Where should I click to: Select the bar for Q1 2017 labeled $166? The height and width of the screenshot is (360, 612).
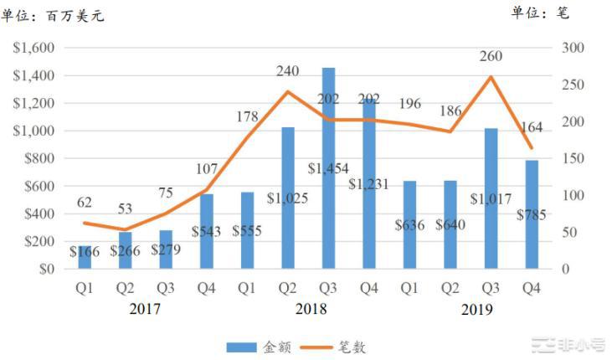[x=84, y=258]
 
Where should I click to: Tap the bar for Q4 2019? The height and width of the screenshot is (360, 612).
[x=532, y=214]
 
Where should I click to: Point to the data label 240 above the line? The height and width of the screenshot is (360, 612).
[x=287, y=71]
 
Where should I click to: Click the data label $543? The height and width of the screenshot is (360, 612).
[x=206, y=229]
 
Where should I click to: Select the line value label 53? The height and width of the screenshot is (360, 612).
[x=125, y=208]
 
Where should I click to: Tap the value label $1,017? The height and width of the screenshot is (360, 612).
[x=490, y=199]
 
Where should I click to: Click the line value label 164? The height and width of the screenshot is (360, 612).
[x=532, y=127]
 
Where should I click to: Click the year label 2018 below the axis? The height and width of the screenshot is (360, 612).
[x=311, y=309]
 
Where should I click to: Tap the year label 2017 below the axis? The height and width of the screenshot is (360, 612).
[x=145, y=309]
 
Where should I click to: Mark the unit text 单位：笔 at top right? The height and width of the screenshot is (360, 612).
[x=543, y=12]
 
